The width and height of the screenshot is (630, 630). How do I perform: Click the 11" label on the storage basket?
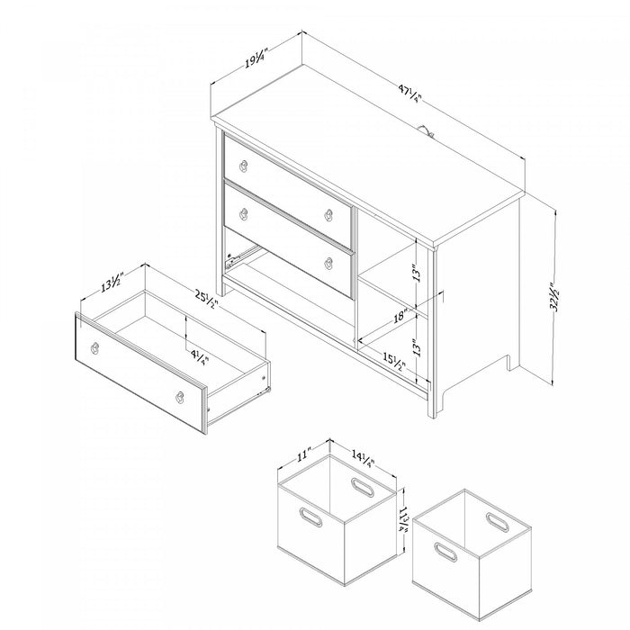(302, 454)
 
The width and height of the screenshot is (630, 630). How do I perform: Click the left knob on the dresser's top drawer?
(243, 165)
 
